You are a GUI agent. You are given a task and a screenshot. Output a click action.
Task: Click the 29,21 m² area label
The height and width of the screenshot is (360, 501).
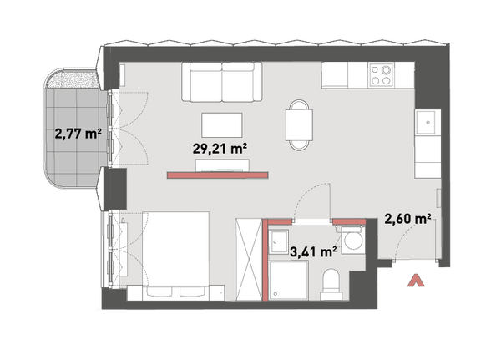(220, 149)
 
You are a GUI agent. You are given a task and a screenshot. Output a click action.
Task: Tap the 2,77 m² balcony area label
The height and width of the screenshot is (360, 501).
(78, 134)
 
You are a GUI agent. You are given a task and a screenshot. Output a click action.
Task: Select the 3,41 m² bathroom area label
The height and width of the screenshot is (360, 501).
(313, 251)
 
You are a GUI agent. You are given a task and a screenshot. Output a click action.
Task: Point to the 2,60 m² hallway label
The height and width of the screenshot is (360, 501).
(408, 219)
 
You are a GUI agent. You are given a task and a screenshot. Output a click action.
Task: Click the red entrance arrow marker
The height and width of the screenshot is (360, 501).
(415, 280)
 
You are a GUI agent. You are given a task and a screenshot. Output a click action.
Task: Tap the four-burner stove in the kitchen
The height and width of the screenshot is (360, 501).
(381, 74)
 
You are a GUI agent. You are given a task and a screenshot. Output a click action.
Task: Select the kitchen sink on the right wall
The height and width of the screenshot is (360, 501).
(425, 122)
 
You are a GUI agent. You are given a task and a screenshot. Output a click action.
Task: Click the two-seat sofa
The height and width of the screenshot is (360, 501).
(222, 82)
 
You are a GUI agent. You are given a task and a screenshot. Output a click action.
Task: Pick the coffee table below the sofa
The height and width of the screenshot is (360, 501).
(222, 124)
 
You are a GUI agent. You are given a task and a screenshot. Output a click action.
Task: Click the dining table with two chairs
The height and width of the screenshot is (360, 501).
(299, 124)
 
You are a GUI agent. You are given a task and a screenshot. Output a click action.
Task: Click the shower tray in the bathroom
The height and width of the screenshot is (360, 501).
(289, 281)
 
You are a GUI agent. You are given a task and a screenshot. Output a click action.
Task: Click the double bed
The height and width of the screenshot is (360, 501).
(175, 256)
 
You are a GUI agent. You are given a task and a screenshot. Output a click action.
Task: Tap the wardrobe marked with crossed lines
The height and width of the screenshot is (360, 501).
(249, 260)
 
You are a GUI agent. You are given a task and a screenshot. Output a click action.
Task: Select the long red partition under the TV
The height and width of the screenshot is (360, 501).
(218, 175)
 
